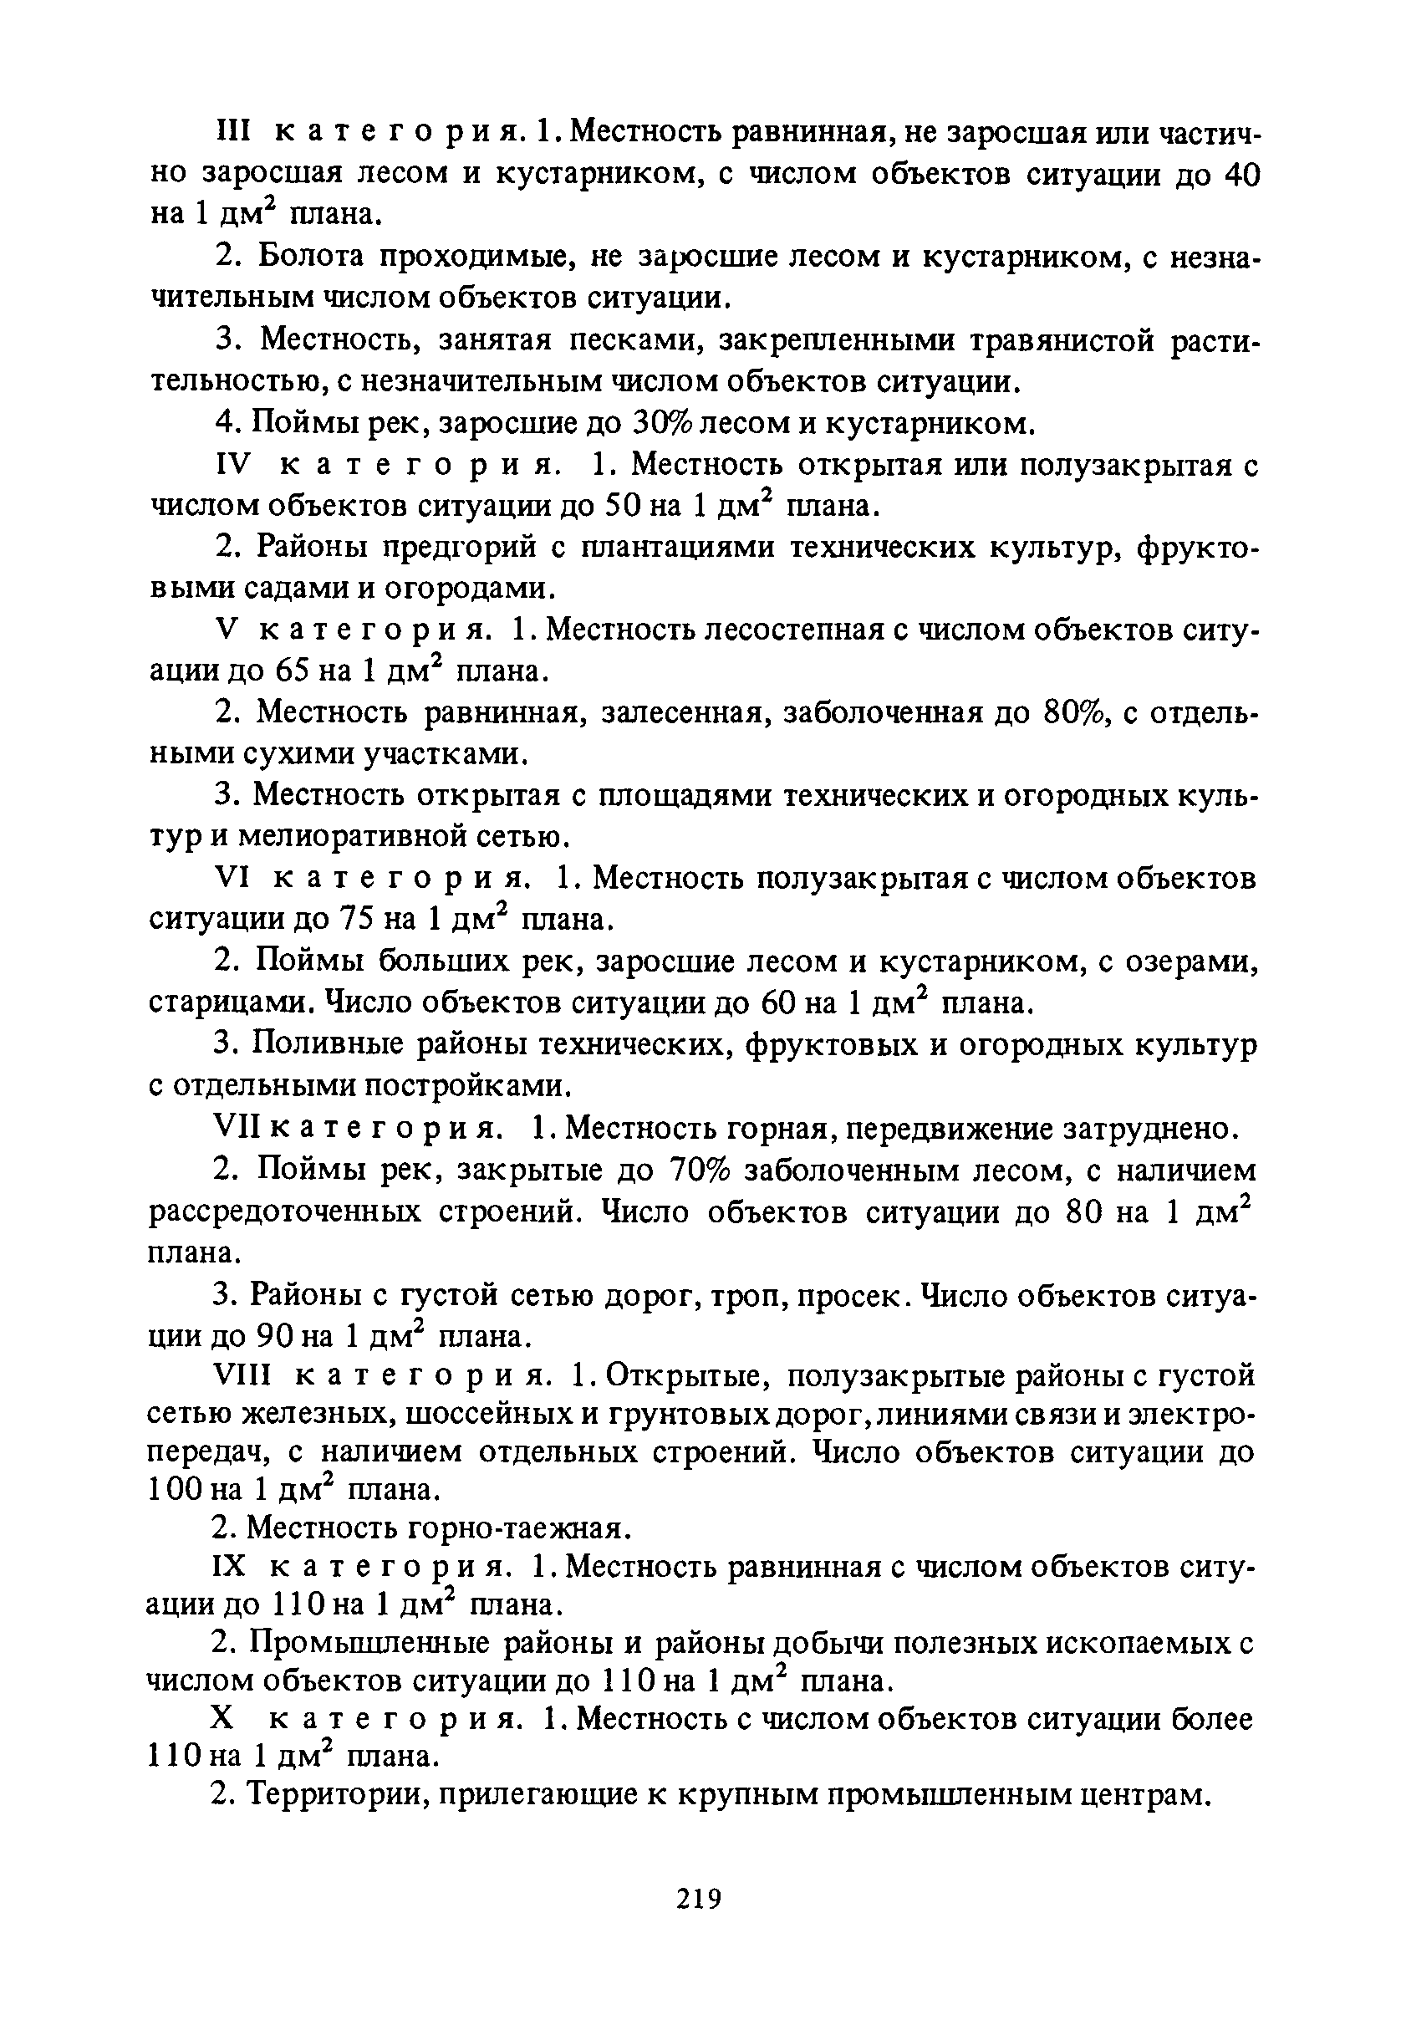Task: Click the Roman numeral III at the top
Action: pos(233,134)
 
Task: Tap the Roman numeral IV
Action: pos(234,464)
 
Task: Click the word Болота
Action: pos(313,258)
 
